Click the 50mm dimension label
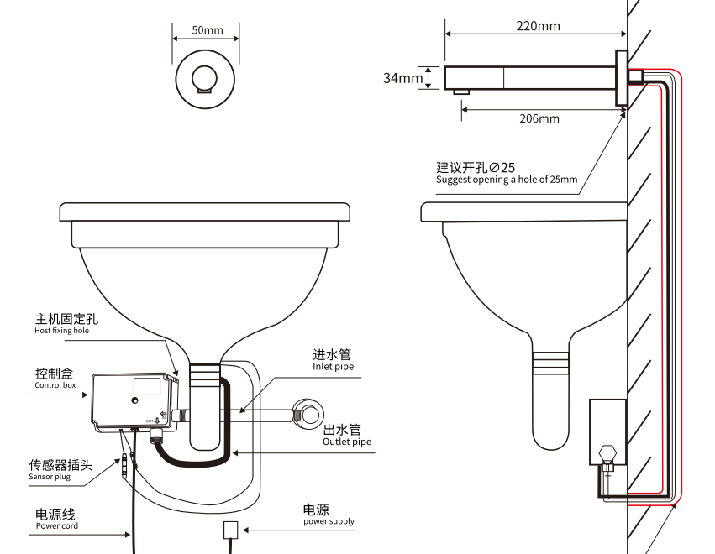[x=207, y=30]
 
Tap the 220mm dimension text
[x=538, y=26]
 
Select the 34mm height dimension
[x=403, y=78]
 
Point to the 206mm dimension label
[x=539, y=118]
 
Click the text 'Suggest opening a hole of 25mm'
[x=507, y=180]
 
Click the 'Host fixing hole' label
[x=61, y=331]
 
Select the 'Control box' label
[x=55, y=386]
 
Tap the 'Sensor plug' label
[x=50, y=477]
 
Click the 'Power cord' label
[x=57, y=526]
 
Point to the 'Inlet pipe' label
[x=334, y=367]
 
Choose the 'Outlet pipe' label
[x=347, y=442]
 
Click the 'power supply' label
[x=329, y=521]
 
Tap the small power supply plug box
[x=231, y=530]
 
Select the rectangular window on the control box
[x=147, y=387]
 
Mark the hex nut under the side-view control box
[x=607, y=457]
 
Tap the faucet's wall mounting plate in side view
[x=621, y=77]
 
